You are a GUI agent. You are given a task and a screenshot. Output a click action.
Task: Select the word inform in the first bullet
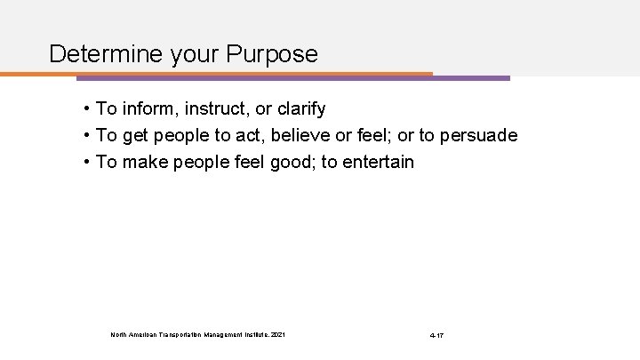(x=148, y=109)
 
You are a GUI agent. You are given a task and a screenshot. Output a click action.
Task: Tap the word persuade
(x=479, y=136)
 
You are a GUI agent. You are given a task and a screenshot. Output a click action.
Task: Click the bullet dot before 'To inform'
(x=86, y=109)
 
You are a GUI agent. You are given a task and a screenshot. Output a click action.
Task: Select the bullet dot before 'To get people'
(x=86, y=136)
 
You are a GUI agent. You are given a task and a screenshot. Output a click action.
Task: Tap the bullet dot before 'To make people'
(x=86, y=163)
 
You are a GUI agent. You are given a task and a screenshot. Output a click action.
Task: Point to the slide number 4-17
(x=435, y=335)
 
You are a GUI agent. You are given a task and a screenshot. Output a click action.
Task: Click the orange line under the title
(x=222, y=73)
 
